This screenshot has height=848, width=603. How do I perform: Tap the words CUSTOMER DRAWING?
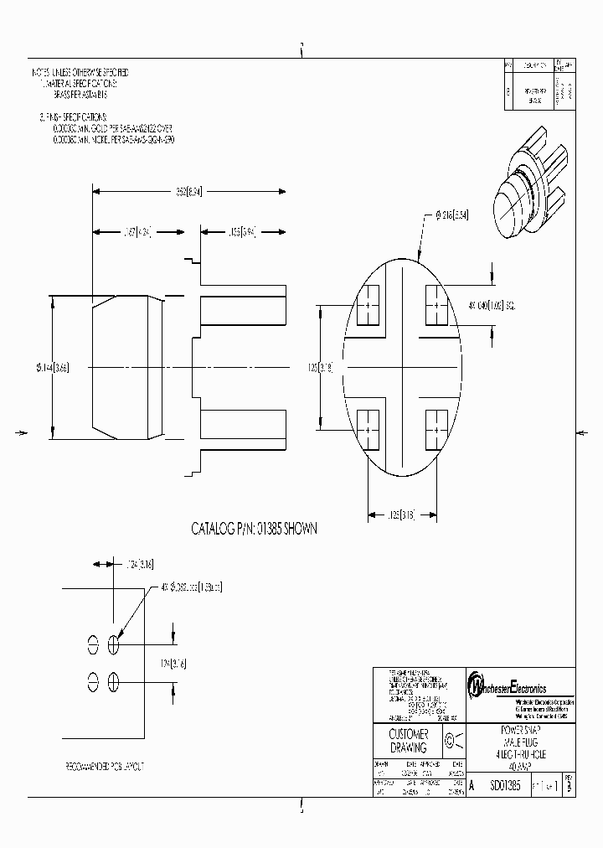coord(409,741)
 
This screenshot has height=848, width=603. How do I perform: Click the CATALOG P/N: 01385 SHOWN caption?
coord(255,529)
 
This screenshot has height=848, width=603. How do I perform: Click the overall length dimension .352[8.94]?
coord(188,191)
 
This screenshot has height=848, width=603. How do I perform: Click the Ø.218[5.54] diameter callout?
coord(452,215)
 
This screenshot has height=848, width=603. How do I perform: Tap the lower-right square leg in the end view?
coord(437,428)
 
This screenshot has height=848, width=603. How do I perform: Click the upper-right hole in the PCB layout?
coord(113,644)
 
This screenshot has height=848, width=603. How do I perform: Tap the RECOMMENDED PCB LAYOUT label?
coord(106,766)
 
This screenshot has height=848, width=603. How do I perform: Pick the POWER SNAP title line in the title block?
coord(519,730)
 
